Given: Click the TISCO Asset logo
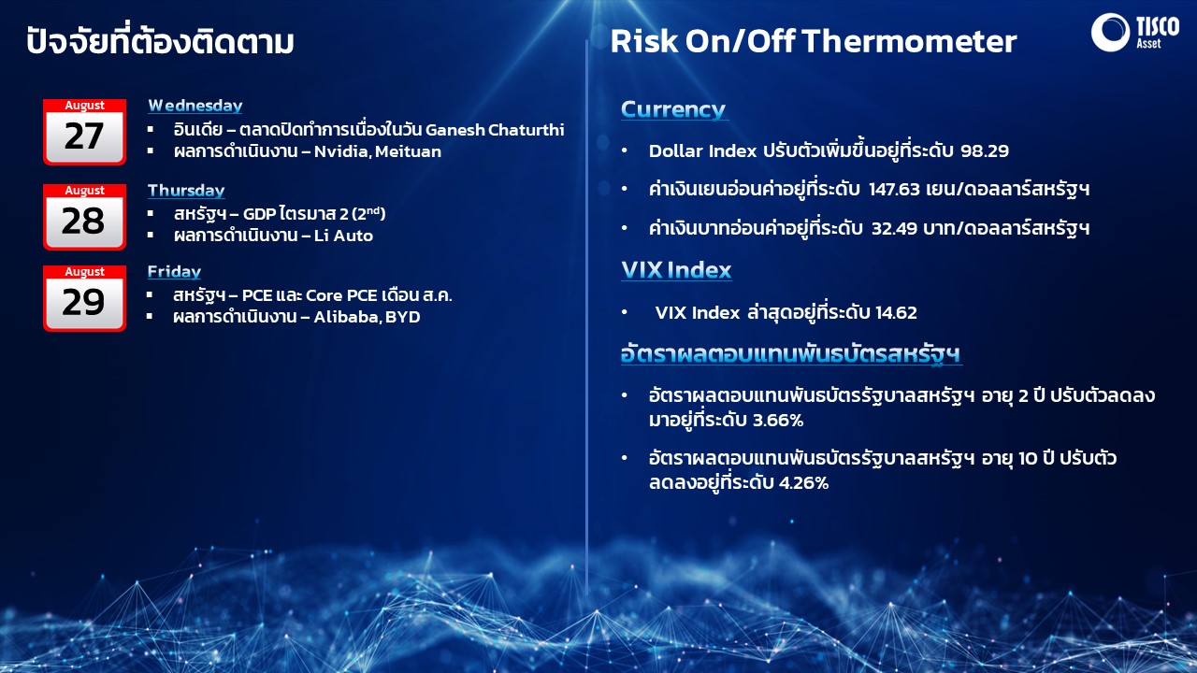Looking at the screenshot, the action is (1134, 33).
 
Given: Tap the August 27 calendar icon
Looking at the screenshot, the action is (84, 132).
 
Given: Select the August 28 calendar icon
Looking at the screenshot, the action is (84, 217).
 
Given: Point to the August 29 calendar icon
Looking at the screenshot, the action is (84, 298).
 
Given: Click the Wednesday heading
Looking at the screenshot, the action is (195, 106).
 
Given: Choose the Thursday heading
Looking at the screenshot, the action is (186, 191).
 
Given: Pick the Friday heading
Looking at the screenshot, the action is (174, 272).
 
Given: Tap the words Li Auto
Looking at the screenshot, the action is (343, 236).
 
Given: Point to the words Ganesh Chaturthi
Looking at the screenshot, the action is (495, 130).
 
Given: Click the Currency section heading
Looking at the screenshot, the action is (672, 109).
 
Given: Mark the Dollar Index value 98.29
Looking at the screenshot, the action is (985, 151).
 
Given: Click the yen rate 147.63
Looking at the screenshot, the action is (894, 190).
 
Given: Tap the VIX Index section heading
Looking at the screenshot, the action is (676, 270).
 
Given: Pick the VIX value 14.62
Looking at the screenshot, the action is (896, 312).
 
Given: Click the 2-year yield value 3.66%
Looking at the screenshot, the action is (777, 421).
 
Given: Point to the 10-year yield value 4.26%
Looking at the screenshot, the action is (803, 483).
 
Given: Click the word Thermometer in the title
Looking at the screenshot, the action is (909, 42).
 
